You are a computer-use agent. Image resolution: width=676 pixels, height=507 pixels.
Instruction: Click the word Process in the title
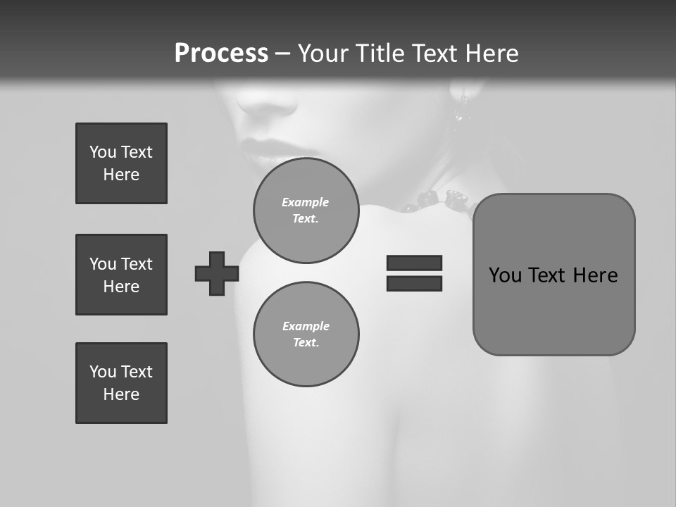221,54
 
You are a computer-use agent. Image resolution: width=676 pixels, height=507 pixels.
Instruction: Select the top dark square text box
121,163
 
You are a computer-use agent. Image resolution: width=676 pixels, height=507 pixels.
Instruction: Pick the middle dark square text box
121,275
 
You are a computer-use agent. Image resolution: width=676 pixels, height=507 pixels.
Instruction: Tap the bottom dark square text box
121,383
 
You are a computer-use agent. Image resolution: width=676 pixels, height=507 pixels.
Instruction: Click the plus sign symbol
217,273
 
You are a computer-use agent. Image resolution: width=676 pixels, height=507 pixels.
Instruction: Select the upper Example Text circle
306,211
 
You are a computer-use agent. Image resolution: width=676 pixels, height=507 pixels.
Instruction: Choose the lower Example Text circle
306,334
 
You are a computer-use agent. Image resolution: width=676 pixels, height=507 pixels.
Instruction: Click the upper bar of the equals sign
414,263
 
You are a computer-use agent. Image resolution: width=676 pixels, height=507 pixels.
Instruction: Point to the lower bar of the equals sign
414,283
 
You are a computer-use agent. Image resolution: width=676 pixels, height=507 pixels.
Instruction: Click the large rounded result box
553,275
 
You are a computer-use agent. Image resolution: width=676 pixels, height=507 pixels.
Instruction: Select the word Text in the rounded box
549,275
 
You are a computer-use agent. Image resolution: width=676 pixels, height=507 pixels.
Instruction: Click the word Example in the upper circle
306,202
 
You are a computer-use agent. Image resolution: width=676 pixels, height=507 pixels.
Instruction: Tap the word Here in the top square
121,175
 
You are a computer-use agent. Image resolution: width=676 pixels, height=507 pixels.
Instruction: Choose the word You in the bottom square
102,372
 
